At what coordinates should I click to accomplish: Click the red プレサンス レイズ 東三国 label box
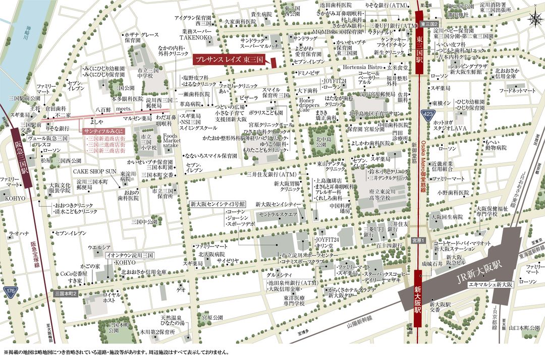tap(230, 59)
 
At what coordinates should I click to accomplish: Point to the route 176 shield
tap(10, 291)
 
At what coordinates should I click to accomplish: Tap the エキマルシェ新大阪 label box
tap(490, 284)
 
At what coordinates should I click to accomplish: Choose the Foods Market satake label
tap(171, 141)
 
